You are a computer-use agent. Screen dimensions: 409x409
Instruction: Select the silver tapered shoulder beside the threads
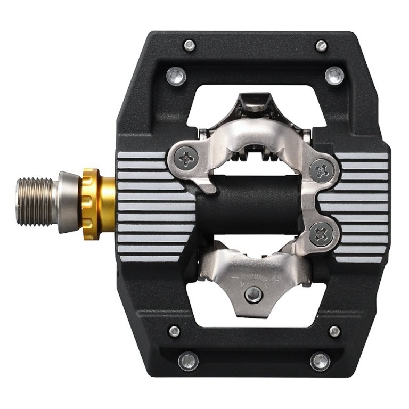click(68, 202)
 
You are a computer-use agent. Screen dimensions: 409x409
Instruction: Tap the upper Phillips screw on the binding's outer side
click(322, 171)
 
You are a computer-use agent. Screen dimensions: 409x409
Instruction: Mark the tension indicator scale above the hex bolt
click(255, 278)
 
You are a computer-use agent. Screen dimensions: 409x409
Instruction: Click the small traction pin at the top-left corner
click(189, 45)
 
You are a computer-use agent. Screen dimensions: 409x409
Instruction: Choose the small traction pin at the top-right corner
click(321, 46)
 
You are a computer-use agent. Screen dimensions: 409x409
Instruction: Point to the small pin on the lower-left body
click(174, 331)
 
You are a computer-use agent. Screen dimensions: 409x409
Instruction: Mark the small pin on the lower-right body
click(334, 331)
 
